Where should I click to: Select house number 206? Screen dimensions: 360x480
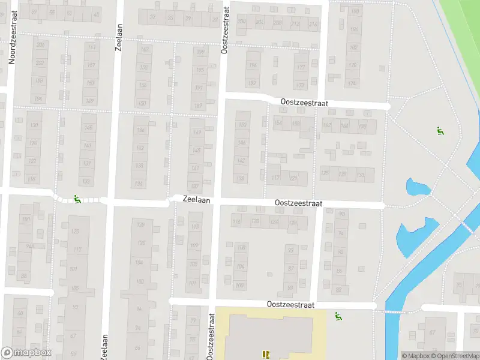pyautogui.click(x=41, y=45)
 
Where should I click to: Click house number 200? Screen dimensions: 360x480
pyautogui.click(x=242, y=22)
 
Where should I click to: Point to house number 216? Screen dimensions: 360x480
pyautogui.click(x=313, y=25)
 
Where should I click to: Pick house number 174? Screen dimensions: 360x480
pyautogui.click(x=352, y=83)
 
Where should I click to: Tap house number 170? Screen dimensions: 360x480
pyautogui.click(x=362, y=126)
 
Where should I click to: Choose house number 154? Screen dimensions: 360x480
pyautogui.click(x=277, y=123)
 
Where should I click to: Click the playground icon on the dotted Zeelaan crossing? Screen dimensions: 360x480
pyautogui.click(x=77, y=200)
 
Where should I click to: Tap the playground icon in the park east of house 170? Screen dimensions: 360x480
pyautogui.click(x=440, y=130)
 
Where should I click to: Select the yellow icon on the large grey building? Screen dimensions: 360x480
pyautogui.click(x=266, y=355)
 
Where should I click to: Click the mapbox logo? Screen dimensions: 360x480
pyautogui.click(x=26, y=353)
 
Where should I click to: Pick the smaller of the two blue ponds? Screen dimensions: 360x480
pyautogui.click(x=418, y=187)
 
